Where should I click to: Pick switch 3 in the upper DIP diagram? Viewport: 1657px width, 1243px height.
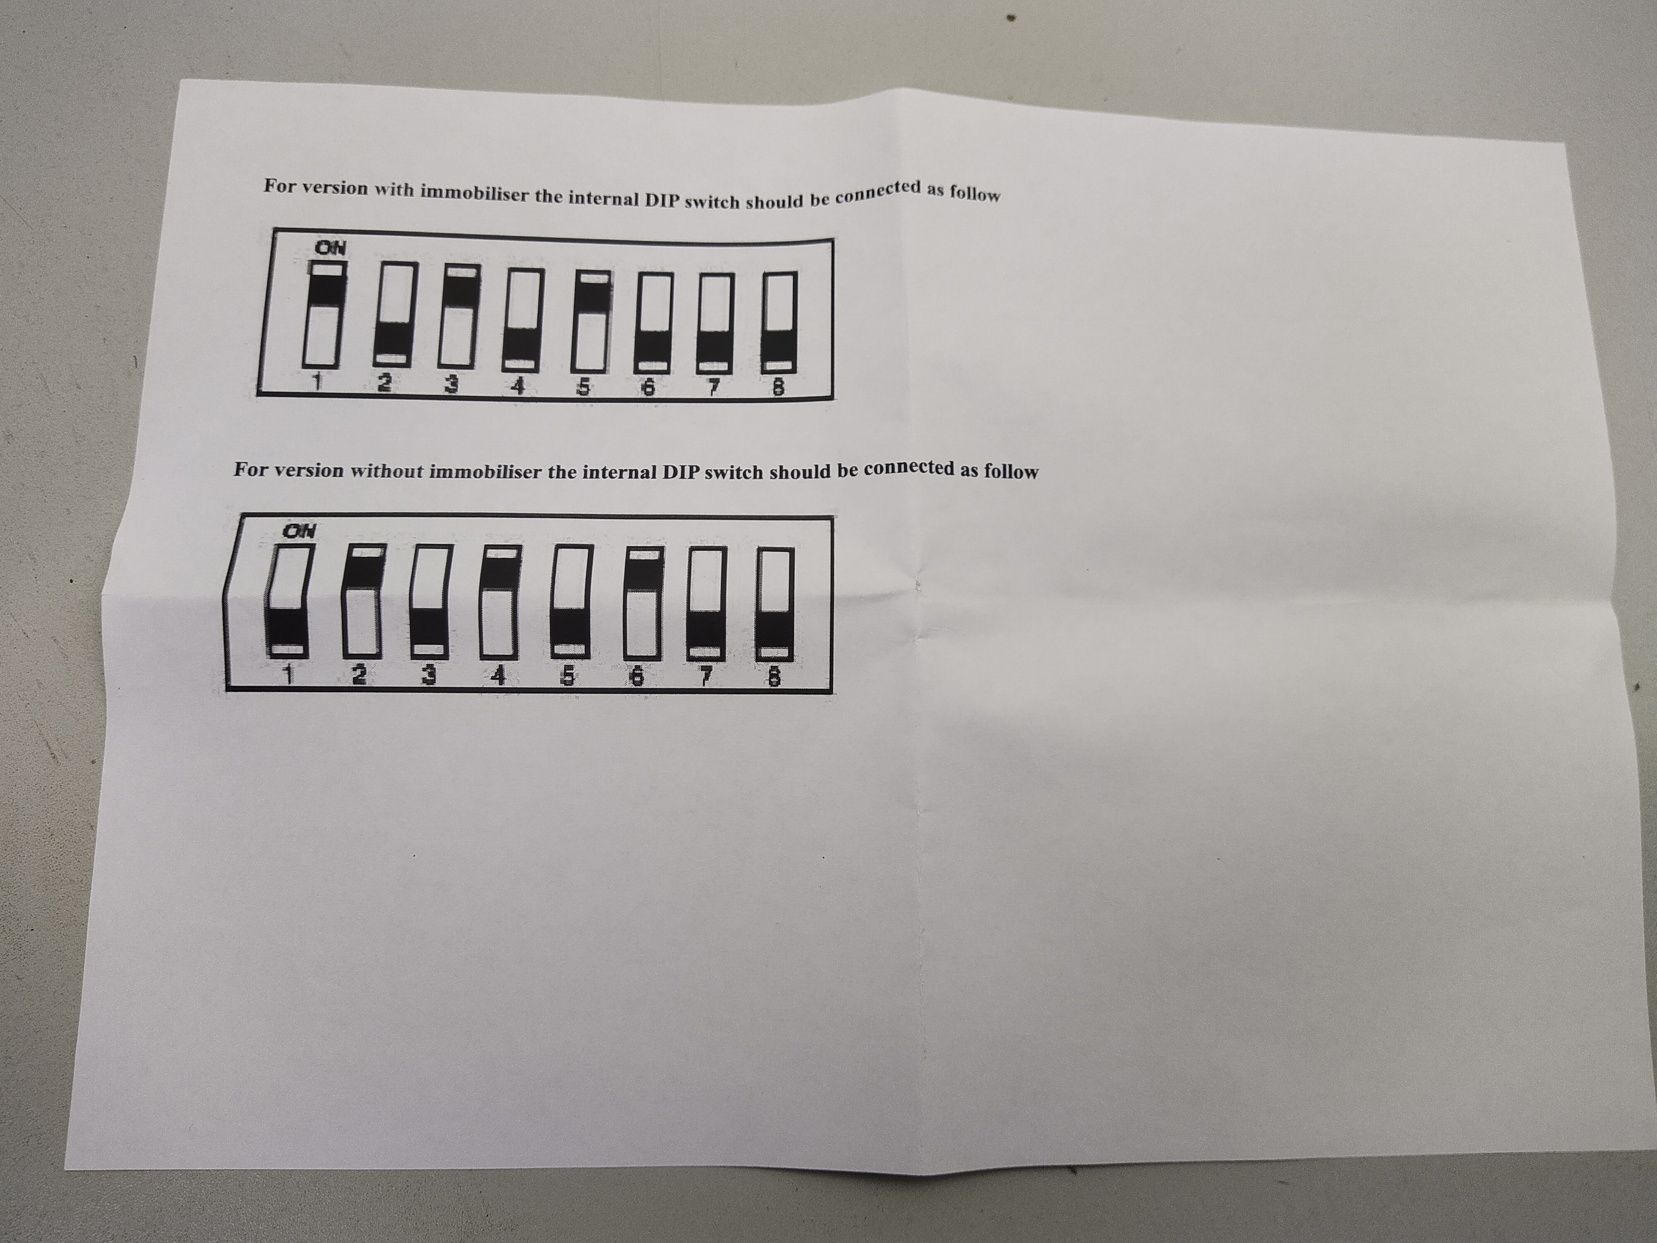pos(460,319)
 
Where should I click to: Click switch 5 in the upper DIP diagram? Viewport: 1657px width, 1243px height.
pos(592,322)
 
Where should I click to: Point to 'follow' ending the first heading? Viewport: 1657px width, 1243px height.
pos(975,193)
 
